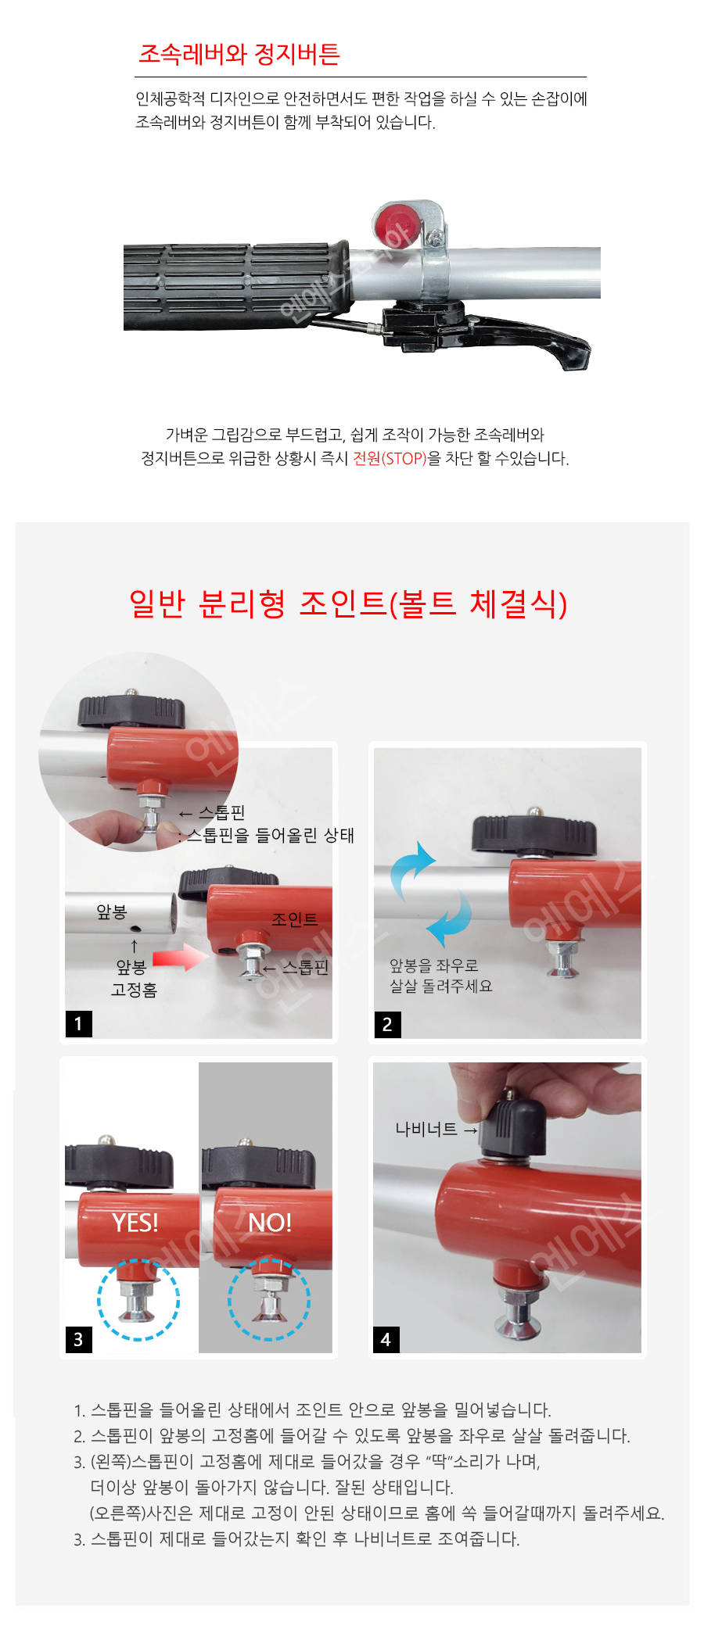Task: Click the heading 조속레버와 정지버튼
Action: click(239, 54)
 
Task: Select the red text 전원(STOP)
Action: click(390, 458)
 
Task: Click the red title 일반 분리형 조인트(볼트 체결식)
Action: click(349, 603)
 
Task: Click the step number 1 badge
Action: click(78, 1024)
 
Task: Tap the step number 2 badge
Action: click(387, 1024)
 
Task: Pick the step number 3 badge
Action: click(78, 1339)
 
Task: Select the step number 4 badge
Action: click(386, 1339)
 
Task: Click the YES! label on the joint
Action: click(135, 1223)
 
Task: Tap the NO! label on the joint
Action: click(270, 1223)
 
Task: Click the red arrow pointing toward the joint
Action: click(180, 958)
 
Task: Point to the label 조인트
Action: click(294, 919)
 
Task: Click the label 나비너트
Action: click(426, 1129)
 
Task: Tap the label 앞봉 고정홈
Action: click(134, 979)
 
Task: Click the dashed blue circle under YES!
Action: click(138, 1299)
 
